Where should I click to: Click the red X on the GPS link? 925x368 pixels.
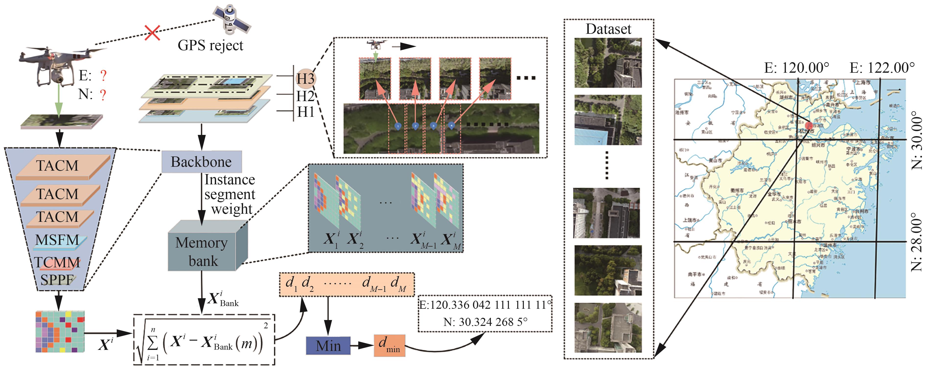pyautogui.click(x=152, y=33)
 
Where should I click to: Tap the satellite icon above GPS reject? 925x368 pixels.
pyautogui.click(x=231, y=20)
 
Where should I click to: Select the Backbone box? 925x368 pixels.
pyautogui.click(x=201, y=162)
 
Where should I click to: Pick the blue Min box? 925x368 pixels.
pyautogui.click(x=328, y=346)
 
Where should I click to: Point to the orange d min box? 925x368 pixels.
pyautogui.click(x=389, y=345)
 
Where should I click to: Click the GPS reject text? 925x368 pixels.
pyautogui.click(x=210, y=46)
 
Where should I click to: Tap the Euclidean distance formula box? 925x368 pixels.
pyautogui.click(x=204, y=340)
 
